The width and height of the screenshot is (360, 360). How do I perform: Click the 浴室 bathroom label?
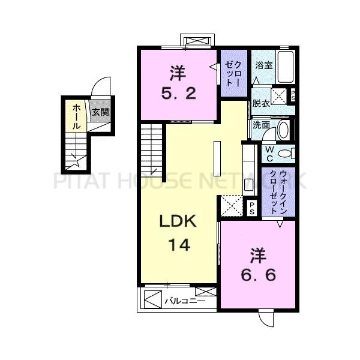(264, 65)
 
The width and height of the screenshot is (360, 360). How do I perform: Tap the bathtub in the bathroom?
(286, 67)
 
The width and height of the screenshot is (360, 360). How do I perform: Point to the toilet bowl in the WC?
(286, 154)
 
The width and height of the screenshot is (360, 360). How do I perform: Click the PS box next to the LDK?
(253, 207)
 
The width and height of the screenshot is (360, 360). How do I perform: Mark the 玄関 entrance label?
(100, 112)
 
